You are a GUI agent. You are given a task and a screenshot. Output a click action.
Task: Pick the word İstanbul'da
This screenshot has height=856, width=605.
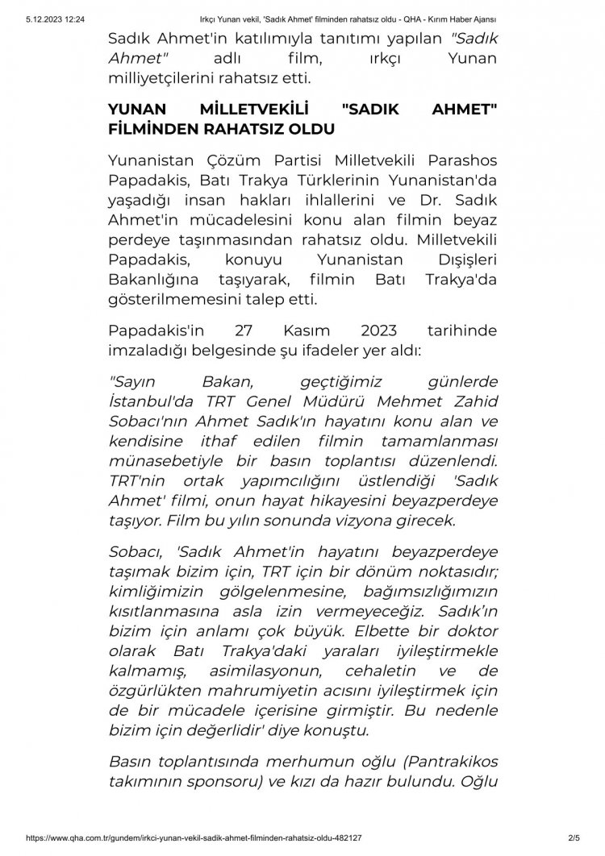(149, 402)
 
